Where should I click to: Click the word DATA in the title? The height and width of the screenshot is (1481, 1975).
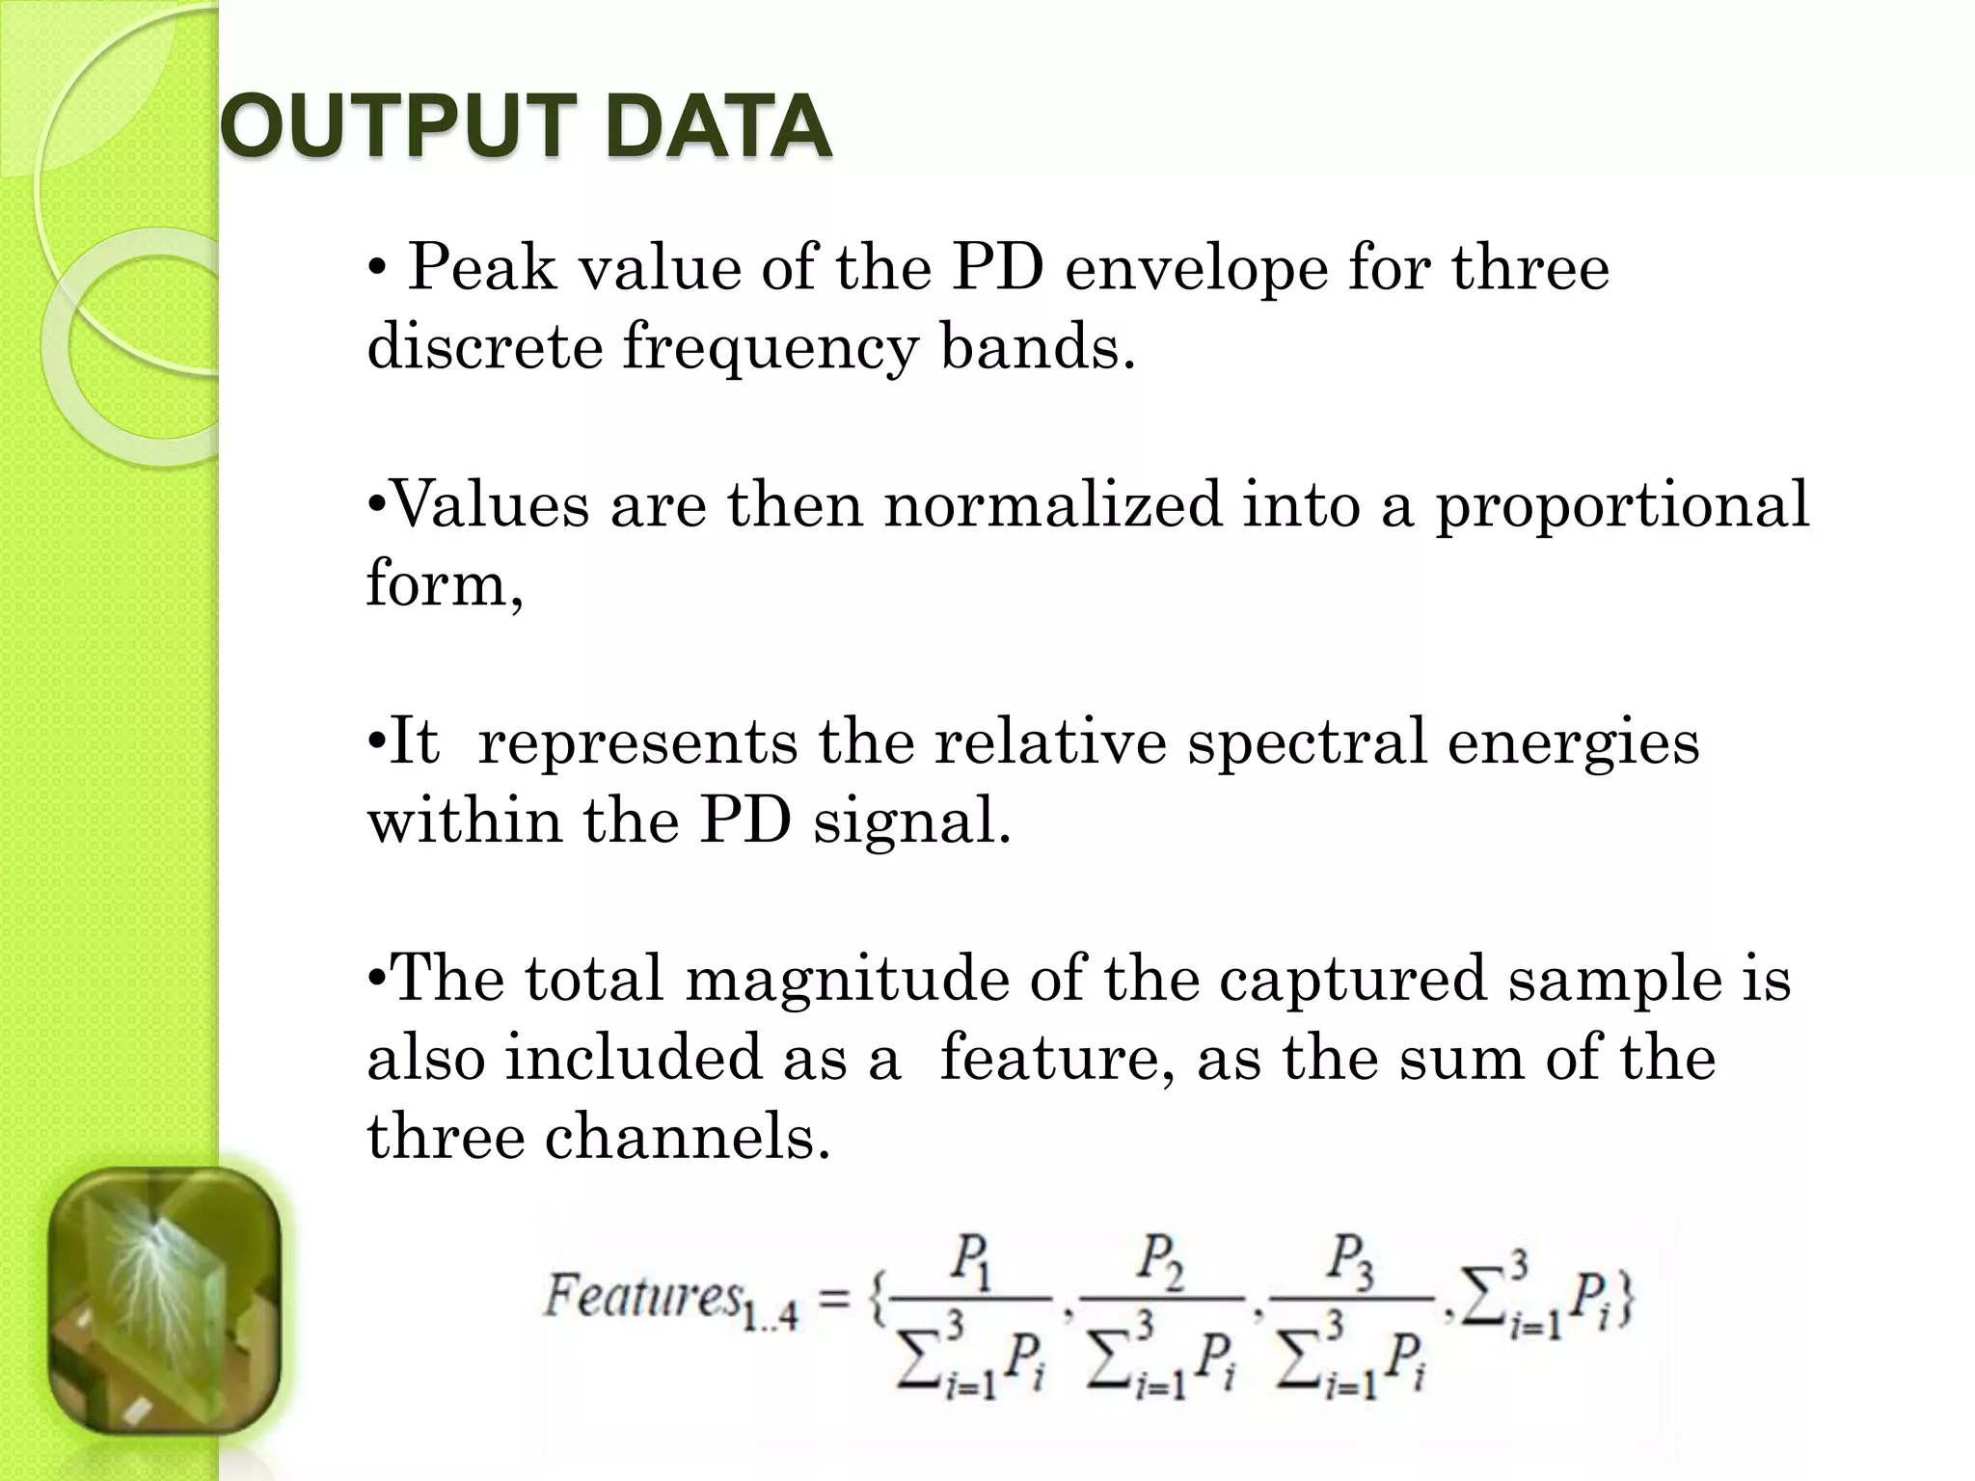[x=719, y=127]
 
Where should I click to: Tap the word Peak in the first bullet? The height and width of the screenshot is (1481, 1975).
[x=482, y=268]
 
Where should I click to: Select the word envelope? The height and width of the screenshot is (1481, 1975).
[x=1195, y=270]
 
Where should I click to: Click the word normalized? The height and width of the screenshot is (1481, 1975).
[x=1053, y=505]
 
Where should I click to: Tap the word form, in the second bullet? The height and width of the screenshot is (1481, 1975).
[x=445, y=584]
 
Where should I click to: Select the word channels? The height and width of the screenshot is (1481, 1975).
[x=687, y=1138]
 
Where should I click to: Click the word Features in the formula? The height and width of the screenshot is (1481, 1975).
[x=642, y=1296]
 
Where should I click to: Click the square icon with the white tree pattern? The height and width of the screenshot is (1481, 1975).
[x=164, y=1303]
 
